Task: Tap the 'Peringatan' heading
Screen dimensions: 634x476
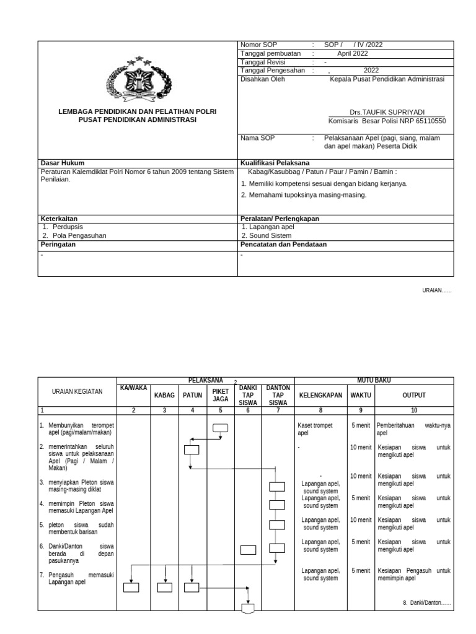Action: [x=58, y=244]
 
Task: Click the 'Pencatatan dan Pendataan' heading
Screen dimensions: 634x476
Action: [x=283, y=244]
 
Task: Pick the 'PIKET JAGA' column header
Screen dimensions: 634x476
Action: [x=221, y=395]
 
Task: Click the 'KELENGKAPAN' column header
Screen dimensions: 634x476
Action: [x=320, y=395]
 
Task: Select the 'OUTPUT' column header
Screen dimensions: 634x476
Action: [x=414, y=395]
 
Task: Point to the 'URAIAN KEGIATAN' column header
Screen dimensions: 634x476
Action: [x=77, y=392]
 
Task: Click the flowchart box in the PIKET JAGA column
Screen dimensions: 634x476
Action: [x=220, y=427]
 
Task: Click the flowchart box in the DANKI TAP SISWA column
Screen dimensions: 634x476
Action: [x=248, y=549]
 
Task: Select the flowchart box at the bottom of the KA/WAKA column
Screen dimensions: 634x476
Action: [x=131, y=588]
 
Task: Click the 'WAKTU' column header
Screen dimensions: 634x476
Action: [x=361, y=395]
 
